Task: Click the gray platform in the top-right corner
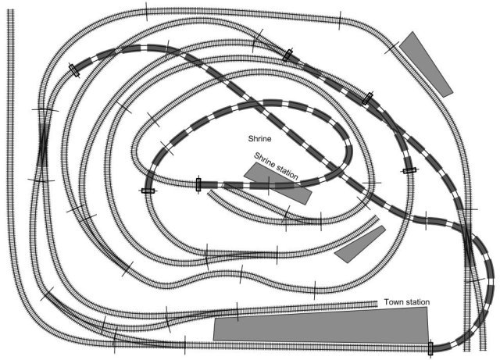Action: point(426,64)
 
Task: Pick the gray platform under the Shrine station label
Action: point(278,183)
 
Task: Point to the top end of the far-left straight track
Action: point(11,14)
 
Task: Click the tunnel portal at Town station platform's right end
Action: point(430,348)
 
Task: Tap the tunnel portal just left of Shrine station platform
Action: point(198,184)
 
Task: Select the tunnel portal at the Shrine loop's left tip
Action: point(148,190)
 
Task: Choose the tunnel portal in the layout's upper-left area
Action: point(74,69)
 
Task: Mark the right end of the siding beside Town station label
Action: point(377,303)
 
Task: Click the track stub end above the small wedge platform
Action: point(377,218)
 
